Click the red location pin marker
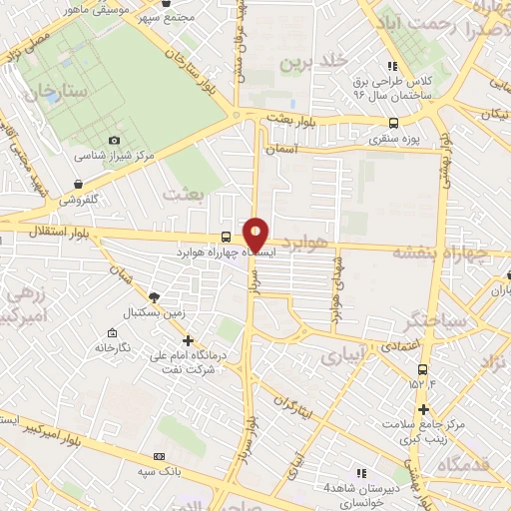(x=256, y=235)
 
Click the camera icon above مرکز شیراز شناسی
(x=114, y=140)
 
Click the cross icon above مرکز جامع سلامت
(x=423, y=409)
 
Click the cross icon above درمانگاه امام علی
(x=188, y=340)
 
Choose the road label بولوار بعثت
(x=291, y=119)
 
